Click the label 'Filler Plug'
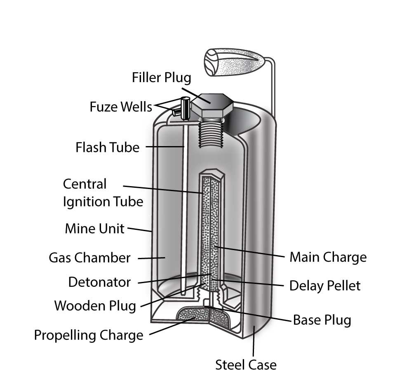[x=161, y=78]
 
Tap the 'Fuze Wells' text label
[x=120, y=107]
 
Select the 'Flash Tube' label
[x=108, y=147]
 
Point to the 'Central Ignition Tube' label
[x=103, y=193]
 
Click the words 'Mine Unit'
[x=94, y=228]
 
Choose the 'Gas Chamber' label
[x=89, y=258]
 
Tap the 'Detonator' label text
[x=99, y=282]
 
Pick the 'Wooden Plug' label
[x=95, y=306]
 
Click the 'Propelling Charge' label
[x=88, y=335]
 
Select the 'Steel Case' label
[x=246, y=365]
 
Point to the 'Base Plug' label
[x=322, y=320]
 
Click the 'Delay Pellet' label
[x=324, y=285]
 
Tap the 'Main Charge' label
[x=327, y=258]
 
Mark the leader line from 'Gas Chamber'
[x=152, y=258]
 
